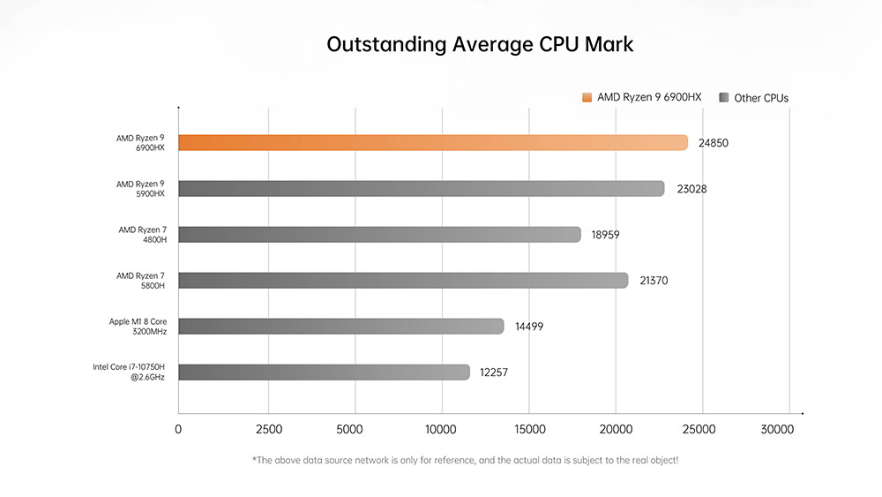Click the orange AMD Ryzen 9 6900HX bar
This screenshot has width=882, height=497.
(432, 142)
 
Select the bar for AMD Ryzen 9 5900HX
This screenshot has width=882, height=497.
(421, 188)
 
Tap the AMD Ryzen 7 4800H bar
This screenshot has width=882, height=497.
(379, 234)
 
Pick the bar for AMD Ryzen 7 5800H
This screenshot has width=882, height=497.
(403, 280)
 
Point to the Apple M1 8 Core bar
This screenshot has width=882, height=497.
(340, 326)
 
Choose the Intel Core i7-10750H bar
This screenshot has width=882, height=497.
(324, 372)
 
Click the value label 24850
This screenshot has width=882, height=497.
(714, 143)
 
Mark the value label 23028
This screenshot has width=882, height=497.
(691, 189)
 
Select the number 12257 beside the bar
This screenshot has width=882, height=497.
(494, 373)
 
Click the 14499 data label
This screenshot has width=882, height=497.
(529, 327)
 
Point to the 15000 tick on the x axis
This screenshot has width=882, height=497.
(529, 430)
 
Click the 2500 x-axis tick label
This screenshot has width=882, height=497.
(268, 430)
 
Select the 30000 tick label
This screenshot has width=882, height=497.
(777, 430)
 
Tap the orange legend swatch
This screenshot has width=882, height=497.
(587, 97)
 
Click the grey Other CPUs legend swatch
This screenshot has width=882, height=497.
(723, 97)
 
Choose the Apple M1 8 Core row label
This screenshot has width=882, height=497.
(138, 326)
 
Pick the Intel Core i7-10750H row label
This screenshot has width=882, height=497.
(129, 372)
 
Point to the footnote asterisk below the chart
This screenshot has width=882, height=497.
(255, 460)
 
